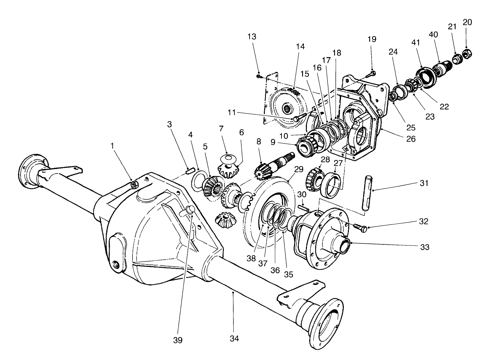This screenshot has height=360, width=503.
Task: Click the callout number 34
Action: pyautogui.click(x=234, y=338)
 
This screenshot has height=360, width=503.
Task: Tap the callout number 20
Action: pyautogui.click(x=467, y=22)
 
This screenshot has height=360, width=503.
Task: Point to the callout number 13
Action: pyautogui.click(x=252, y=37)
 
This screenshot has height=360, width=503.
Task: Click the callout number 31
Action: pyautogui.click(x=424, y=183)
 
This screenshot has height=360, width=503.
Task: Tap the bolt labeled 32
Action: pyautogui.click(x=361, y=227)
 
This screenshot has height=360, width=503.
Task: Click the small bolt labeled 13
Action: pyautogui.click(x=259, y=77)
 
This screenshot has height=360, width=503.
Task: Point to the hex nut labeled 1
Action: pyautogui.click(x=134, y=184)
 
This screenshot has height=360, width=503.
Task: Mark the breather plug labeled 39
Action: pyautogui.click(x=187, y=211)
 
